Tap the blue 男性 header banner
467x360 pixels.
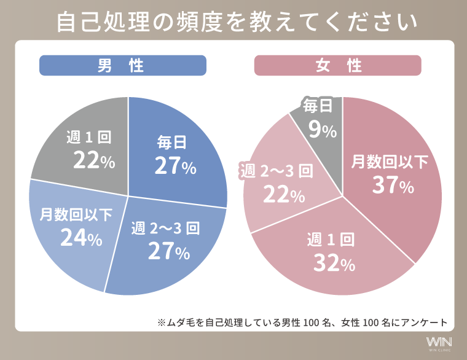click(x=122, y=66)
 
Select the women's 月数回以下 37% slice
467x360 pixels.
click(x=393, y=178)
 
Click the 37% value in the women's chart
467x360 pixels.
click(x=393, y=186)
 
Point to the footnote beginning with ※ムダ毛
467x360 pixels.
click(x=302, y=321)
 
